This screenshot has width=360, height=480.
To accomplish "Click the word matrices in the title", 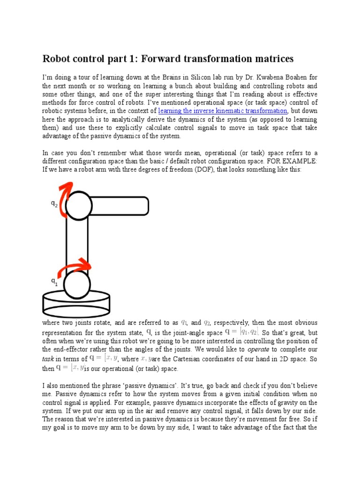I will (270, 59).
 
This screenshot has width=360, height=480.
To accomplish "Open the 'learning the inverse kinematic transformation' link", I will (223, 111).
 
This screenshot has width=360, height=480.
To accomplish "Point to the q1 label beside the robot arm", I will (54, 281).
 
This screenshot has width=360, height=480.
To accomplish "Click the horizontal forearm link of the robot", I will (120, 205).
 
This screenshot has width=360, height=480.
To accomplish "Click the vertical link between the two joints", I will (77, 244).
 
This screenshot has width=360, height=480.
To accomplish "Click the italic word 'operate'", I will (258, 349).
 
